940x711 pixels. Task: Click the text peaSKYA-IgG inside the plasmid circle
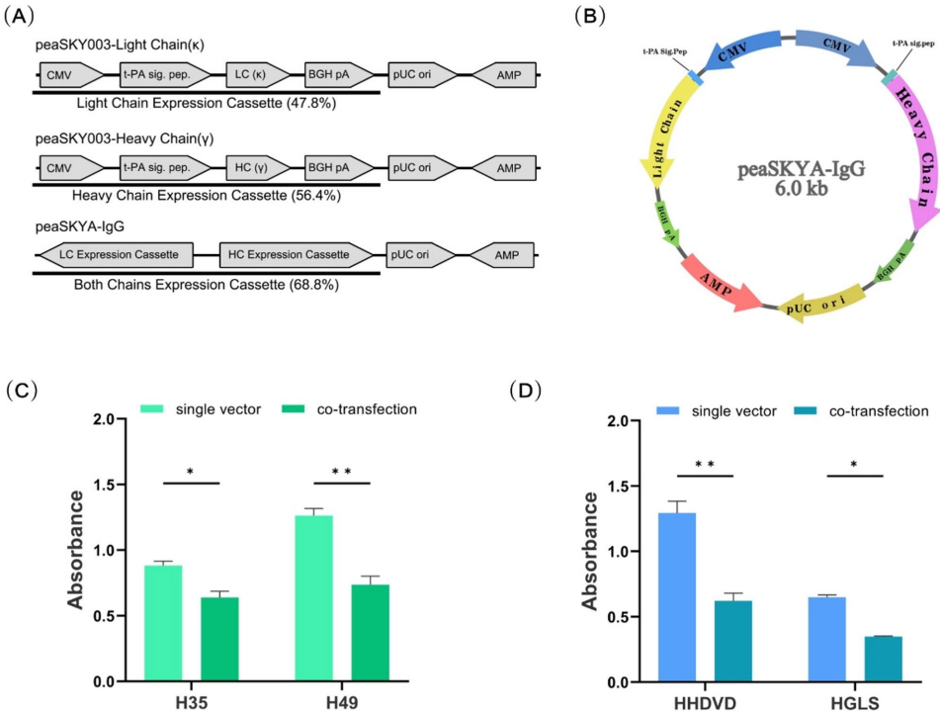(786, 172)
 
